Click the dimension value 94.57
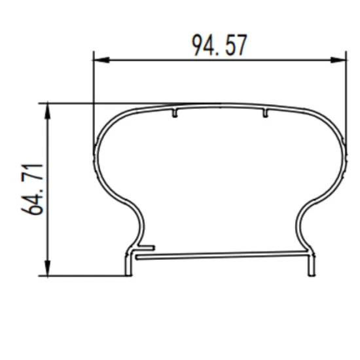(x=219, y=45)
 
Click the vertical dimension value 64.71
(x=33, y=189)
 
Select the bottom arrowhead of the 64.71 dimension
(x=47, y=269)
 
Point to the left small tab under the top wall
(x=175, y=113)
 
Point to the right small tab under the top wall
(x=265, y=113)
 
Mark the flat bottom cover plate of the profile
(x=223, y=255)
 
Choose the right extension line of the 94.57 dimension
(x=346, y=92)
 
